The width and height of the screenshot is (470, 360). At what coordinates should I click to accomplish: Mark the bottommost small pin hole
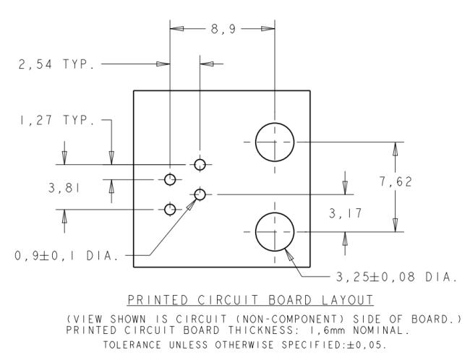point(170,210)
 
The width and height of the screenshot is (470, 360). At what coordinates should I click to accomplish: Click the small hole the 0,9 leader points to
point(200,194)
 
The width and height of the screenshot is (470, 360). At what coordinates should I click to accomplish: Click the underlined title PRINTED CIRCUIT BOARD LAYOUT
point(250,299)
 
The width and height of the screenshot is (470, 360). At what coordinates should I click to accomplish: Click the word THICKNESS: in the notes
point(261,330)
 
